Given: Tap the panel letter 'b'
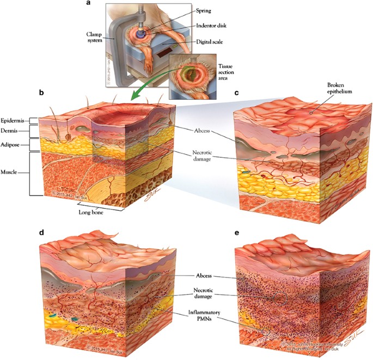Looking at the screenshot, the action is pos(41,93).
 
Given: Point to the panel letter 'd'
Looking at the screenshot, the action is pos(41,233).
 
